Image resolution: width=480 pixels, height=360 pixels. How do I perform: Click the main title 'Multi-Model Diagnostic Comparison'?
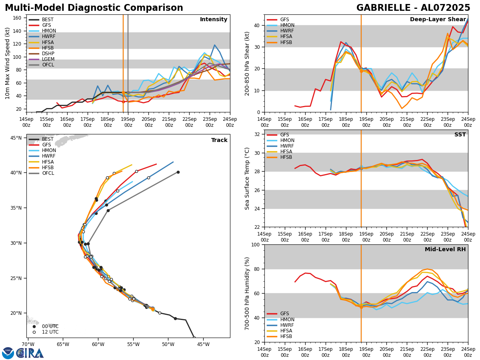(x=94, y=8)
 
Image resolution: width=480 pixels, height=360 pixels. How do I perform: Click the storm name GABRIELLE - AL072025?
(x=413, y=8)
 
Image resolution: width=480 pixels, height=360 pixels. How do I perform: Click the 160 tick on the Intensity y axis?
(x=17, y=18)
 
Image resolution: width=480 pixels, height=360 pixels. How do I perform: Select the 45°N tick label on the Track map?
(x=16, y=138)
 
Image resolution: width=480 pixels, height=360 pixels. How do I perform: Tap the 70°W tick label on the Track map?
(x=28, y=344)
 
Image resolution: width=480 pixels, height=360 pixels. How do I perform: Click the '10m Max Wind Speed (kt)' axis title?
(x=8, y=63)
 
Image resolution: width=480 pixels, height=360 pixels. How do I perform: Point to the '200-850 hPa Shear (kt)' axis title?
(x=247, y=63)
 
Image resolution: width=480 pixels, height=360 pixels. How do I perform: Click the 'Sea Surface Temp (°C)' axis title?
(x=247, y=178)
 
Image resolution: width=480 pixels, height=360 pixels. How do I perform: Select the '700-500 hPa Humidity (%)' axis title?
(x=247, y=293)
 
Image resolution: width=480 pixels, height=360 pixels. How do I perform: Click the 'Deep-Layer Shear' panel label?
(x=438, y=20)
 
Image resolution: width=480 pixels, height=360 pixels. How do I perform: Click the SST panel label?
(x=460, y=135)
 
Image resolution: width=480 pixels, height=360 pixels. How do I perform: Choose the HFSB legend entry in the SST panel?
(x=286, y=157)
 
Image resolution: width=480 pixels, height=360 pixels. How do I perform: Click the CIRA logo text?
(x=30, y=353)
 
